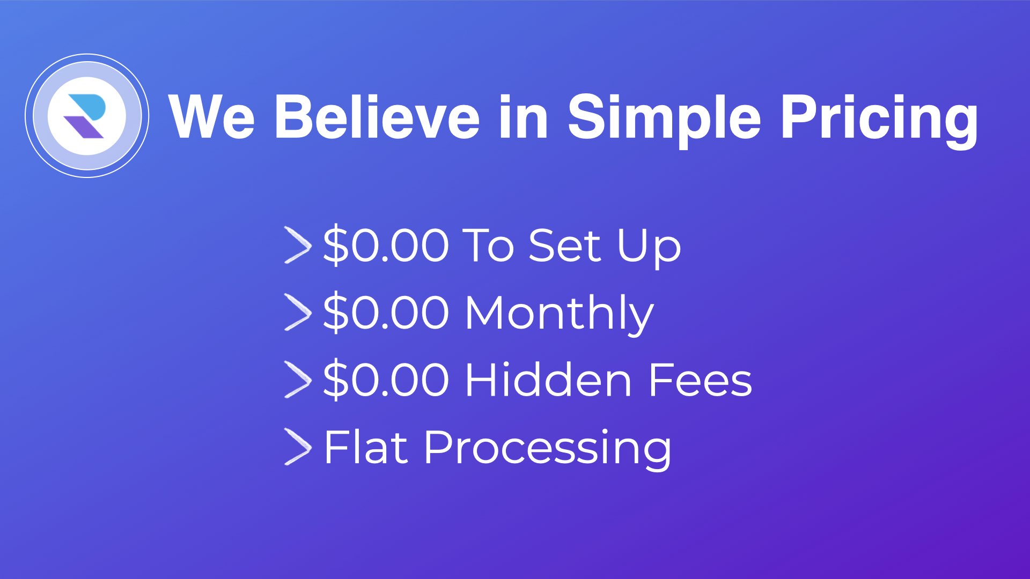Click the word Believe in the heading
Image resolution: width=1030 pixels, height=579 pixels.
pyautogui.click(x=377, y=116)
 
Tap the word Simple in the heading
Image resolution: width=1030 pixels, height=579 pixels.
pyautogui.click(x=664, y=121)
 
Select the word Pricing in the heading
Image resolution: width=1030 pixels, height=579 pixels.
pyautogui.click(x=879, y=121)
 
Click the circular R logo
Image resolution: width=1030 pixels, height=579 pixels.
pyautogui.click(x=87, y=115)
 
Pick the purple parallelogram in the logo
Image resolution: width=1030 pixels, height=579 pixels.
pyautogui.click(x=84, y=127)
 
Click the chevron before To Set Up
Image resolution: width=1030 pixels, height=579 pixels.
pyautogui.click(x=297, y=246)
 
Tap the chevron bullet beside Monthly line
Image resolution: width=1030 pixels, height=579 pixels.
pyautogui.click(x=297, y=313)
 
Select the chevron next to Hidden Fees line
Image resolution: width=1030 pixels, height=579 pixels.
pyautogui.click(x=297, y=380)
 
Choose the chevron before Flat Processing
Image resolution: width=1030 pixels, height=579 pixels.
pyautogui.click(x=297, y=447)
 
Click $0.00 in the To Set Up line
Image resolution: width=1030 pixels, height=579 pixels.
pyautogui.click(x=386, y=246)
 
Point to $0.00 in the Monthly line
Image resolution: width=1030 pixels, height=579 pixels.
pyautogui.click(x=386, y=313)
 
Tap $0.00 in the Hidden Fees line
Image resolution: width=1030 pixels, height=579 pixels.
pyautogui.click(x=386, y=380)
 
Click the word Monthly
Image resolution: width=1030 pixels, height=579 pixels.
pyautogui.click(x=560, y=314)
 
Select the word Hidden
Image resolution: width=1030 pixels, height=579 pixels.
pyautogui.click(x=549, y=380)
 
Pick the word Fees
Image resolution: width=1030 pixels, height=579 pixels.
pyautogui.click(x=701, y=380)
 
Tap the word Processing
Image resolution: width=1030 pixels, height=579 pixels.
pyautogui.click(x=548, y=449)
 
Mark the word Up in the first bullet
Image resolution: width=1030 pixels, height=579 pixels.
pyautogui.click(x=649, y=248)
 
